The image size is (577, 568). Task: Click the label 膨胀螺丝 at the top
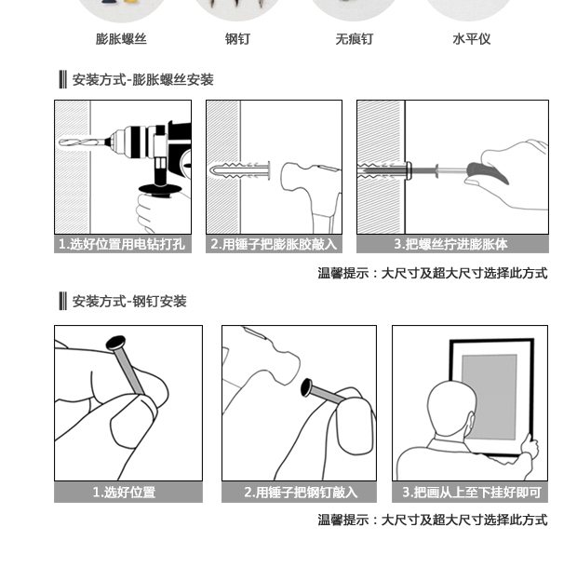[121, 39]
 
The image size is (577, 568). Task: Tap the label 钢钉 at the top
[237, 39]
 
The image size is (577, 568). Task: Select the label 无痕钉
[355, 39]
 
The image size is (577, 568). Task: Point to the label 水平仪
[472, 39]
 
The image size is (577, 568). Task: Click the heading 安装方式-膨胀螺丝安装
[142, 79]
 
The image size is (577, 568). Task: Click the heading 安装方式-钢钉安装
[129, 301]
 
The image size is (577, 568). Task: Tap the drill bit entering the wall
[84, 142]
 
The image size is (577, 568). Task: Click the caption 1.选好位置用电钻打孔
[123, 244]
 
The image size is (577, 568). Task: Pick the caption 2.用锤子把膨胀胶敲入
[274, 244]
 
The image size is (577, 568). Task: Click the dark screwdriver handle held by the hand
[488, 173]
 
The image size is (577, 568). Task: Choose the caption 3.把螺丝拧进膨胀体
[451, 244]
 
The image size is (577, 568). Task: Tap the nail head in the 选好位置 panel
[115, 343]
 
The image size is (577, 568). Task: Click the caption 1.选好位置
[124, 493]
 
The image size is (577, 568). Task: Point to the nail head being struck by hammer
[306, 387]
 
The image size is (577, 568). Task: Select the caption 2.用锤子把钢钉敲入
[301, 493]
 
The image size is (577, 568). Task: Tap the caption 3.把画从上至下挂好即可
[472, 493]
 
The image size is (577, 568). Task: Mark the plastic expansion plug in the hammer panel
[239, 170]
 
